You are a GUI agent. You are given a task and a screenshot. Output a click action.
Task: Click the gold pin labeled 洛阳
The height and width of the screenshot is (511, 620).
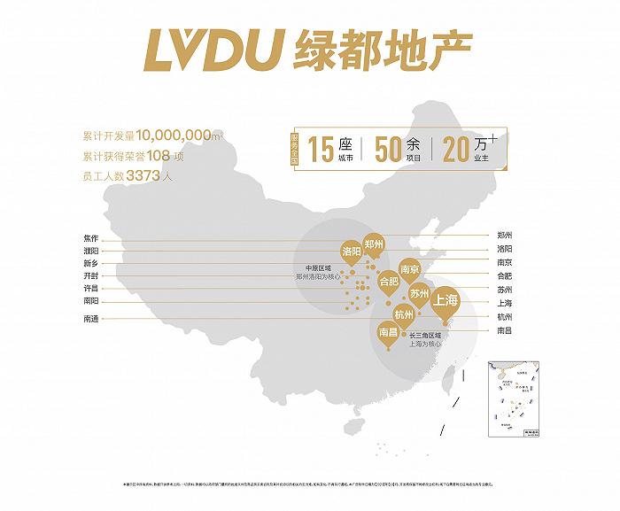(x=352, y=253)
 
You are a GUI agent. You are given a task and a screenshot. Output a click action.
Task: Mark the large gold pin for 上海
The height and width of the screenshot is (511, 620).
(x=445, y=301)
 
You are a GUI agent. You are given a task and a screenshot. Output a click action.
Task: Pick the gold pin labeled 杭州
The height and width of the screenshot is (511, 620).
(x=404, y=315)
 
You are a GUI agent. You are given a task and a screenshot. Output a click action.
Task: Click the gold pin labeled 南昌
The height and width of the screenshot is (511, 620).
(x=388, y=333)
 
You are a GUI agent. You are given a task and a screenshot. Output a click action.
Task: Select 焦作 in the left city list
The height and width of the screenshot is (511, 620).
(x=91, y=237)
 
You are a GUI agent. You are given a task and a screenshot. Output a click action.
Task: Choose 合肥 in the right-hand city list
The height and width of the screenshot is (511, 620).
(x=505, y=276)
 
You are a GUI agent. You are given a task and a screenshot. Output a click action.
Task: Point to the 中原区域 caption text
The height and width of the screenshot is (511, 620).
(x=316, y=267)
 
